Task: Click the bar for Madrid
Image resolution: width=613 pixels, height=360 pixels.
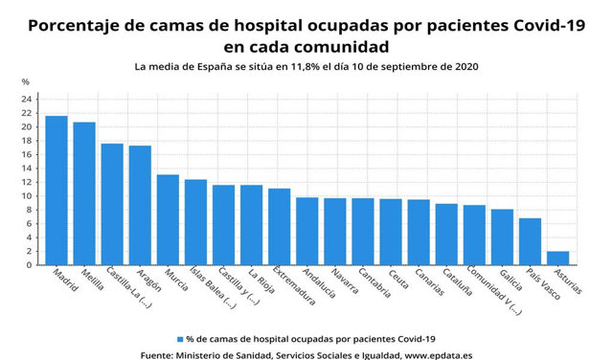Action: (57, 191)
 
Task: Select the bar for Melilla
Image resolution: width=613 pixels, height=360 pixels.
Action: (84, 193)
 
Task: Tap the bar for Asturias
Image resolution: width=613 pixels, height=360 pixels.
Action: (557, 258)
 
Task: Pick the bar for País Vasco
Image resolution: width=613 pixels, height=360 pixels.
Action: (530, 241)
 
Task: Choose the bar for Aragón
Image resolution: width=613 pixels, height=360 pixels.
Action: (140, 205)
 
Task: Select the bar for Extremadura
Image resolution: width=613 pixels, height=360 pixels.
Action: (279, 226)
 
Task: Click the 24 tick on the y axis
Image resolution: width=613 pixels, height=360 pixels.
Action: (28, 100)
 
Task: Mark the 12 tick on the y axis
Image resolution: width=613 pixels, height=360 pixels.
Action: (28, 182)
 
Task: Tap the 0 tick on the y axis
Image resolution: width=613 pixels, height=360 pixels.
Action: (30, 265)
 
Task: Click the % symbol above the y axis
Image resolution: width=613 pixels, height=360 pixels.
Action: (26, 82)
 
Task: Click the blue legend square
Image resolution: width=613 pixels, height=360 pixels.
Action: (181, 339)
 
